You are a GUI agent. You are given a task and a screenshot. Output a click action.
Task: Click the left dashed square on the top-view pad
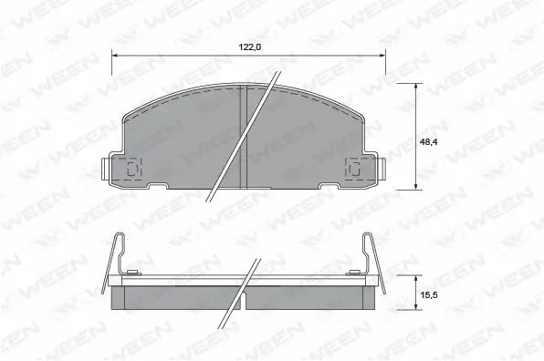131,169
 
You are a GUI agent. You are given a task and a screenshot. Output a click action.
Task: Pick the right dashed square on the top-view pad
353,169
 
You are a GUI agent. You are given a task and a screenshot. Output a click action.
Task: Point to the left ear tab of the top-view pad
106,169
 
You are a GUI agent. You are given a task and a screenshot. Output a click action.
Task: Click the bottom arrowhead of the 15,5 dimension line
417,310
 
